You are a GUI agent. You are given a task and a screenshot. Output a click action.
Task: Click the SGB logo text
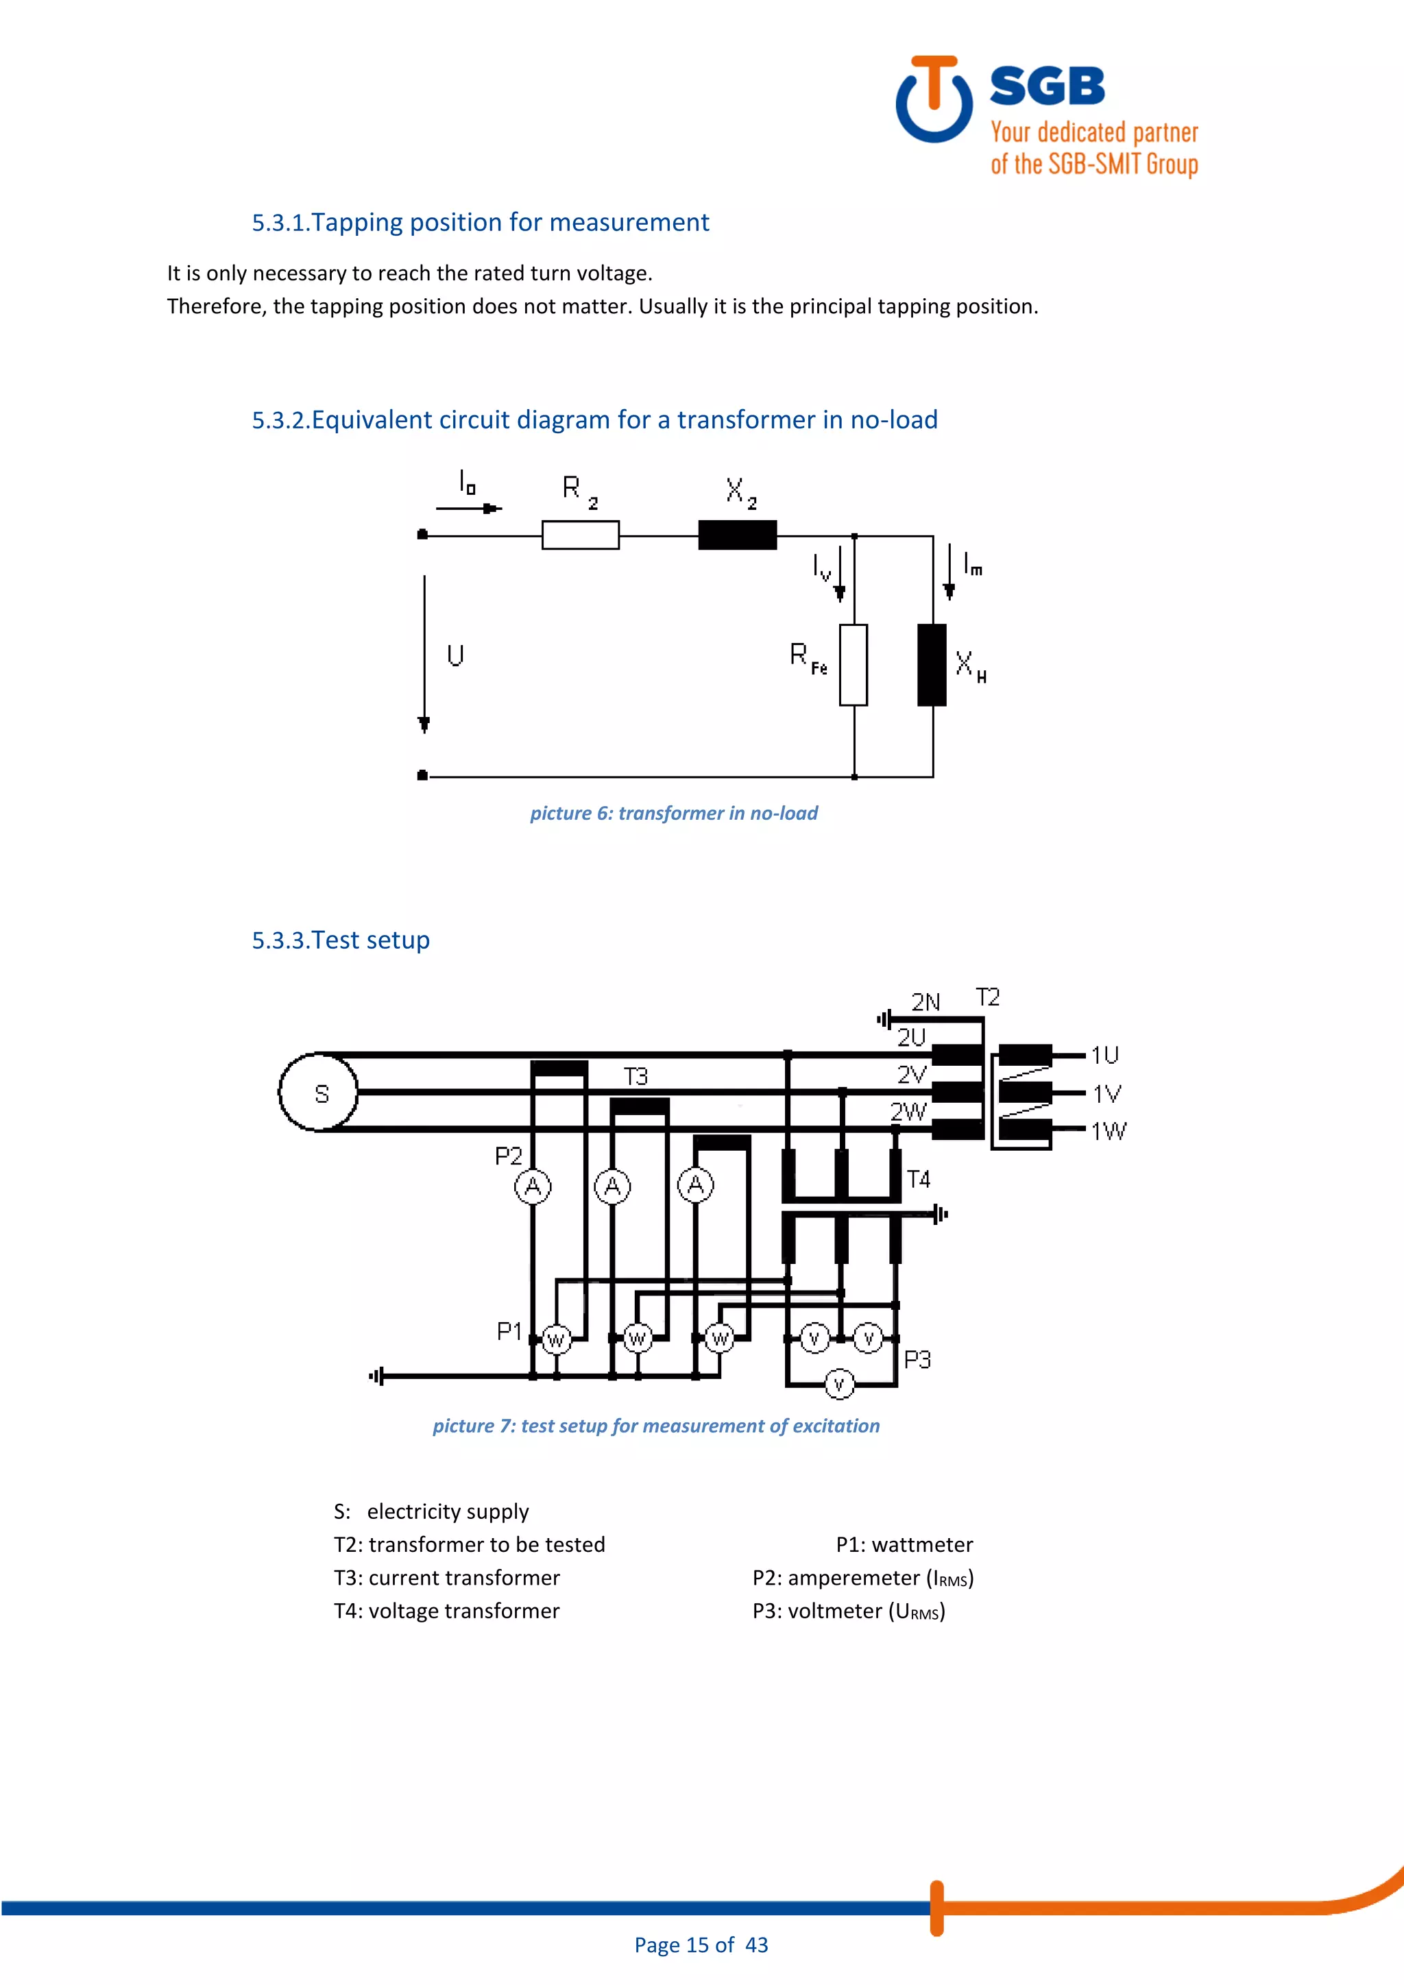pyautogui.click(x=1047, y=86)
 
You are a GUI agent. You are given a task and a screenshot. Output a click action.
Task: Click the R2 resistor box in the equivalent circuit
pyautogui.click(x=580, y=535)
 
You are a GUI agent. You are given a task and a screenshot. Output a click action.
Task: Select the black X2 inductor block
pyautogui.click(x=738, y=535)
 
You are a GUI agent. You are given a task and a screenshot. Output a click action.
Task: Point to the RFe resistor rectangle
pyautogui.click(x=854, y=665)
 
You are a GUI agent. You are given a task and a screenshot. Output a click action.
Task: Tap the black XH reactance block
pyautogui.click(x=932, y=665)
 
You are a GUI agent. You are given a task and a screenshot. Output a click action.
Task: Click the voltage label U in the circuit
pyautogui.click(x=456, y=655)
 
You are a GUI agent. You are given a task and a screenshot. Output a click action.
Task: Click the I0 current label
pyautogui.click(x=467, y=483)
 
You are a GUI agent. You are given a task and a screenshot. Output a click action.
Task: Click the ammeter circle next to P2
pyautogui.click(x=533, y=1186)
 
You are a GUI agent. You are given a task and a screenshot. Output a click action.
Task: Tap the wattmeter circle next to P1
pyautogui.click(x=556, y=1340)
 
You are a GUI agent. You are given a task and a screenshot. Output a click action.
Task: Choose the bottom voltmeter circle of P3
pyautogui.click(x=838, y=1385)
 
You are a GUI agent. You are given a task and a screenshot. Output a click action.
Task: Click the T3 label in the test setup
pyautogui.click(x=636, y=1076)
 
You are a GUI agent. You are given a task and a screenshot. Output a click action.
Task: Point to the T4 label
pyautogui.click(x=918, y=1179)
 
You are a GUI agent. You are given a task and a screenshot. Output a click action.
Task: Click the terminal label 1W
pyautogui.click(x=1109, y=1131)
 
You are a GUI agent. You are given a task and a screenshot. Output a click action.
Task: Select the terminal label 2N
pyautogui.click(x=925, y=1002)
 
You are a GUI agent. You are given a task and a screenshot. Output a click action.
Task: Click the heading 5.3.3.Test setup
pyautogui.click(x=341, y=940)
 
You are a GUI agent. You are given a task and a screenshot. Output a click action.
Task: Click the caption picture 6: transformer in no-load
pyautogui.click(x=673, y=814)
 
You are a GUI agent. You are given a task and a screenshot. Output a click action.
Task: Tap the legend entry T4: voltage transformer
pyautogui.click(x=447, y=1611)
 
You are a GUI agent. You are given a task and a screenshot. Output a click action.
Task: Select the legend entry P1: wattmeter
pyautogui.click(x=904, y=1544)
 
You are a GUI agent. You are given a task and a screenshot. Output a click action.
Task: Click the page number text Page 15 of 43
pyautogui.click(x=701, y=1945)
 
